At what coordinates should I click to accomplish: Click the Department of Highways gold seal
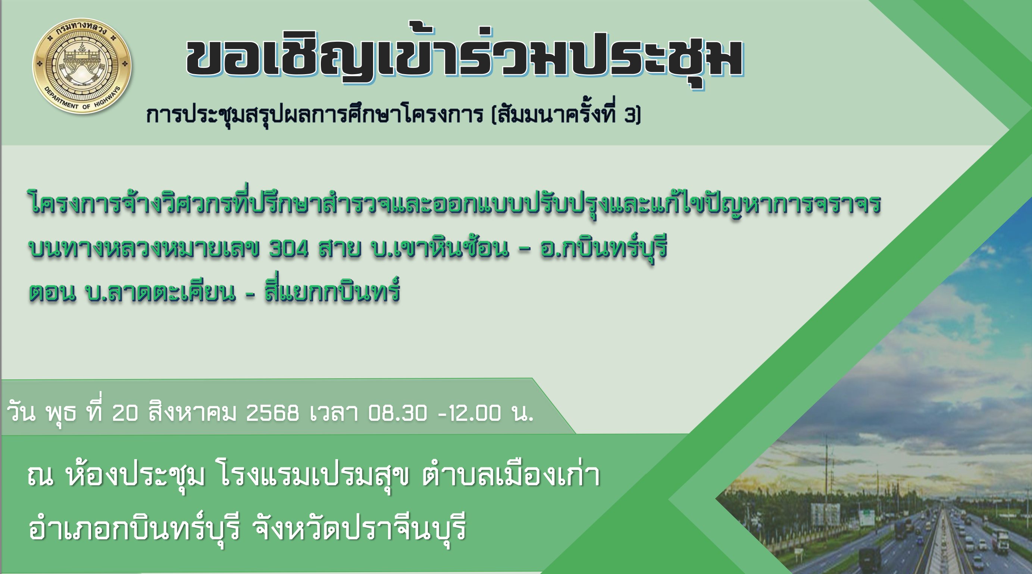pos(82,65)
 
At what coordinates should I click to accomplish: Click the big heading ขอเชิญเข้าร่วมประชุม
pos(465,58)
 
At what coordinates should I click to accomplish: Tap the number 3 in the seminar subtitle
pos(630,115)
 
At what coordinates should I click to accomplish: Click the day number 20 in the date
pos(125,413)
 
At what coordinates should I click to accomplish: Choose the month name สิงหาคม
pos(192,413)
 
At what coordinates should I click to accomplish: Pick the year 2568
pos(272,413)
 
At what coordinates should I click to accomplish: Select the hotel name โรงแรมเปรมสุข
pos(315,476)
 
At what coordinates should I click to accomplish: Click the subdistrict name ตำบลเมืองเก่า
pos(511,476)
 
